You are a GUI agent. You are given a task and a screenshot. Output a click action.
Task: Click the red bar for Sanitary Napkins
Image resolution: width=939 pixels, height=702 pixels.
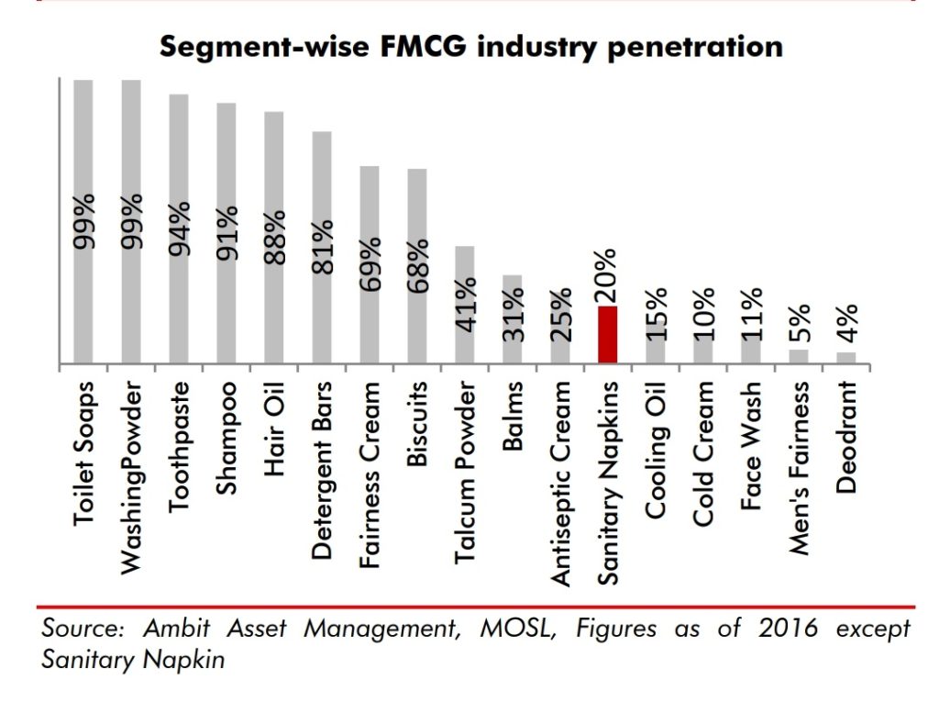point(607,335)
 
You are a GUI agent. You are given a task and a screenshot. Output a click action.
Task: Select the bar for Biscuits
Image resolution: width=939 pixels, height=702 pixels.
point(417,266)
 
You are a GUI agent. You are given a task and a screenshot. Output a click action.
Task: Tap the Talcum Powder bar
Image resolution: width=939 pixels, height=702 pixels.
point(465,305)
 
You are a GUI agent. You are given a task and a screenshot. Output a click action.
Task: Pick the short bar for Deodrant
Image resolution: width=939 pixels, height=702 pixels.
point(846,358)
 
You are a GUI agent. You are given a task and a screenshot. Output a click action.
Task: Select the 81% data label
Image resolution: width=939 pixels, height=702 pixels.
point(321,247)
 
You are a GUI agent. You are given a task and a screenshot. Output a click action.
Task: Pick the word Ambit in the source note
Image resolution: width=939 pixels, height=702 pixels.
point(174,629)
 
